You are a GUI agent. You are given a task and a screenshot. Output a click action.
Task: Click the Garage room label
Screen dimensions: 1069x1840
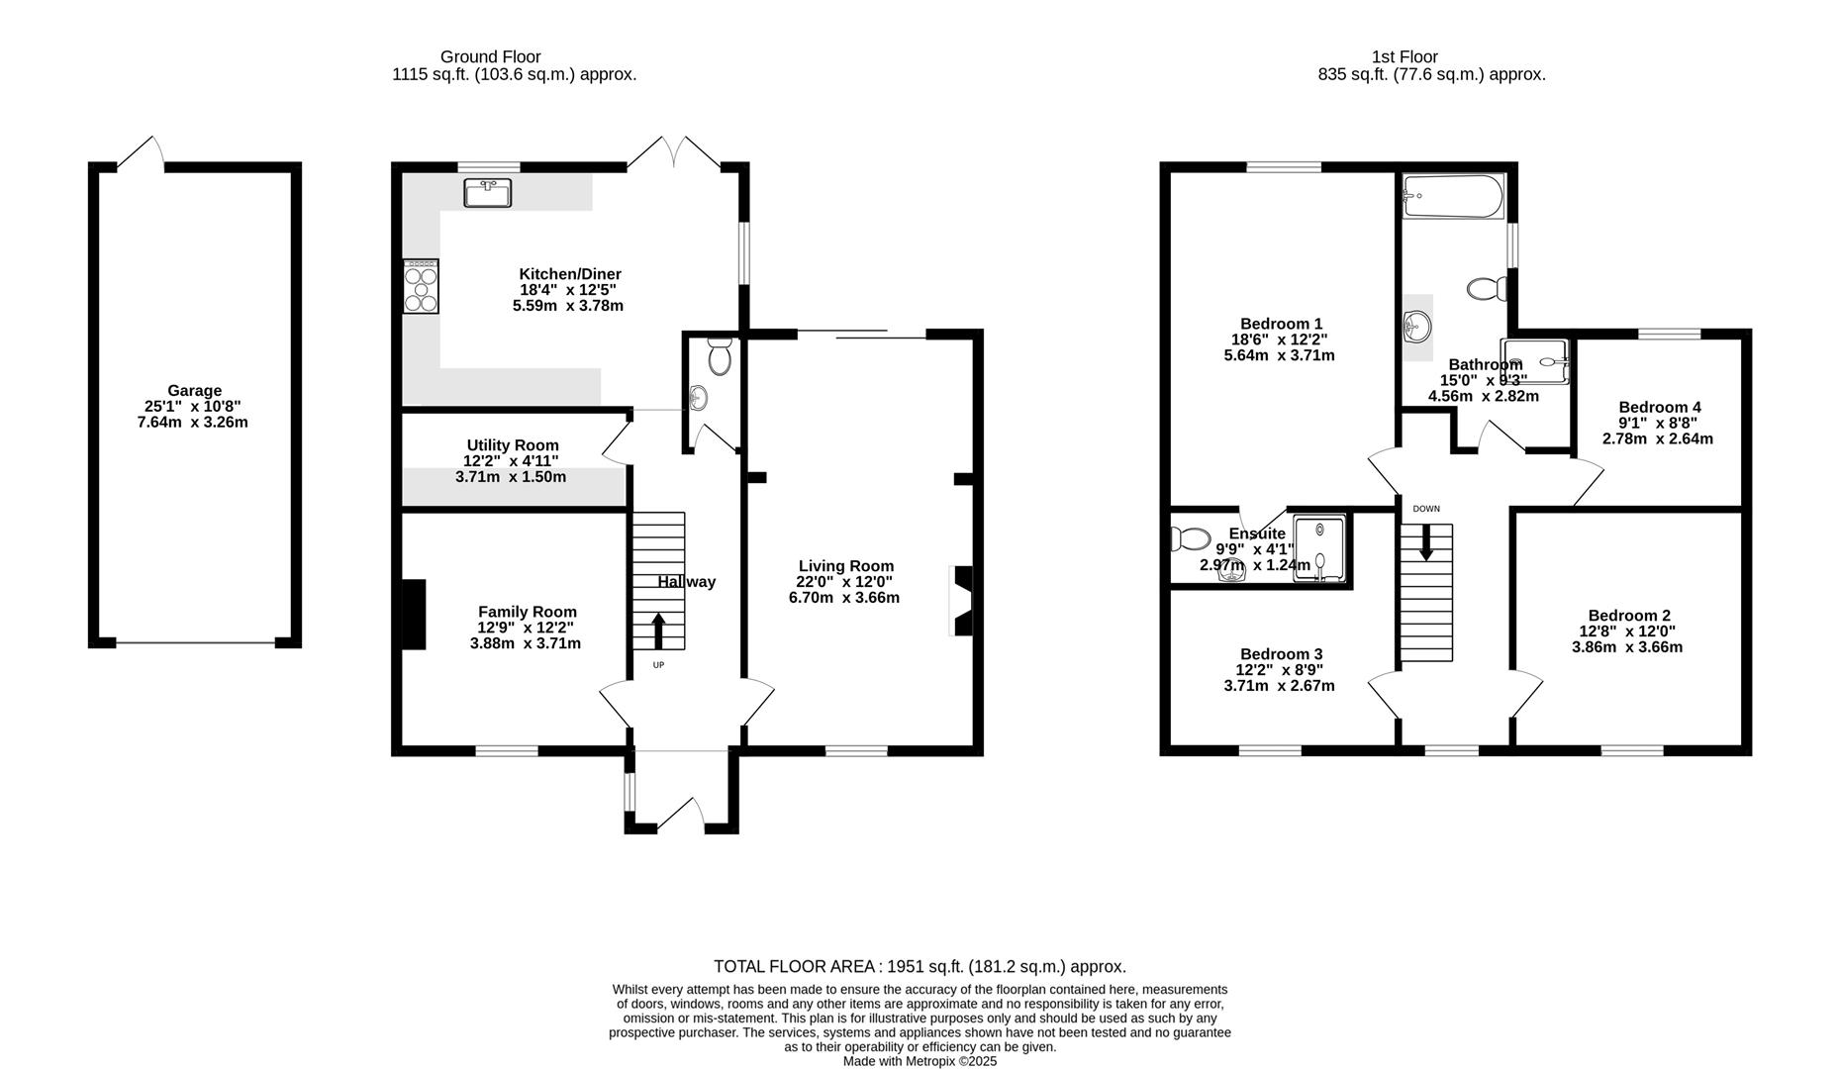[194, 390]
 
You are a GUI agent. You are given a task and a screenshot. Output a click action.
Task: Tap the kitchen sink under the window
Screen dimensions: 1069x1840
[487, 192]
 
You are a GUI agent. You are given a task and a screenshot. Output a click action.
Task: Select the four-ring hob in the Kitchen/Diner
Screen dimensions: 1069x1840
[421, 286]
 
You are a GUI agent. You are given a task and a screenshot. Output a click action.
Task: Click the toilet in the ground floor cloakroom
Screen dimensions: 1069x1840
[720, 357]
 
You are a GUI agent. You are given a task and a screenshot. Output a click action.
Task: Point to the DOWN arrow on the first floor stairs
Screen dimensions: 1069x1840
[1426, 541]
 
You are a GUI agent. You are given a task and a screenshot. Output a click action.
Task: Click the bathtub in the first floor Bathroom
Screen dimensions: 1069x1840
[1453, 196]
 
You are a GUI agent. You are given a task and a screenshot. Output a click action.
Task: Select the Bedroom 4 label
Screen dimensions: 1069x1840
[1659, 407]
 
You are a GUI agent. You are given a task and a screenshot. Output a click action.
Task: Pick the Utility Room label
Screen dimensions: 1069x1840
[513, 445]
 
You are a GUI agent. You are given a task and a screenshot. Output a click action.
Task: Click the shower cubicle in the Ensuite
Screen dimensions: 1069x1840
[1319, 547]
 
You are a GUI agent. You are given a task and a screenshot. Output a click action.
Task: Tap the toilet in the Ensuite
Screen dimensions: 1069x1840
[1189, 539]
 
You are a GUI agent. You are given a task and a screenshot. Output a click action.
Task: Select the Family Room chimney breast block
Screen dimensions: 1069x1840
[413, 615]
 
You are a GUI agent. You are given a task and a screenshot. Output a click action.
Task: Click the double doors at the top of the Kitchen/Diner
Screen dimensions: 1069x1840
[673, 153]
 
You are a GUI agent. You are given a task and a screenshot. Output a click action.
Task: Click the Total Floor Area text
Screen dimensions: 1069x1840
[920, 966]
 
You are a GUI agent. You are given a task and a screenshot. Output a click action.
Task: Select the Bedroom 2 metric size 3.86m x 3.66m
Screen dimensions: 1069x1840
[1626, 647]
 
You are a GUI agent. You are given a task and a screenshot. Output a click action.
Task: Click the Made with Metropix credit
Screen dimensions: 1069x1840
[920, 1061]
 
